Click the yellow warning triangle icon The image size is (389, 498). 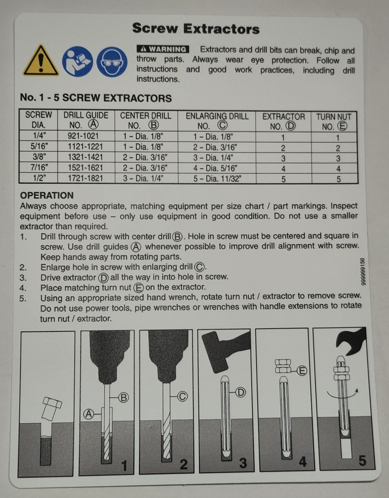coord(40,61)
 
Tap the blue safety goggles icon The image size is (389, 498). coord(112,62)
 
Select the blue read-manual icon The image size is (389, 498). coord(77,61)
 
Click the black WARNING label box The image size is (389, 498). coord(163,49)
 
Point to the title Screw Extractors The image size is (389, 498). coord(196,29)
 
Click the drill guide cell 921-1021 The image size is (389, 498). coord(83,136)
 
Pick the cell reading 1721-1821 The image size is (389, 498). coord(86,178)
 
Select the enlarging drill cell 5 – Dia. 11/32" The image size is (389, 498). coord(217,179)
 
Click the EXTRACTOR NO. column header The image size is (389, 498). coord(284,121)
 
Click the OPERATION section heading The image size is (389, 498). coord(47,195)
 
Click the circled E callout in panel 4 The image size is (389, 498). coord(302,371)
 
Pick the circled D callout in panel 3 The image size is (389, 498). coord(241,392)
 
